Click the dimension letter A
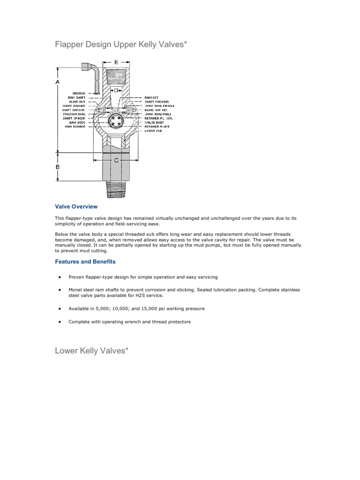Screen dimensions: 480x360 coord(58,82)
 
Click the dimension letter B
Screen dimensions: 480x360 coord(58,166)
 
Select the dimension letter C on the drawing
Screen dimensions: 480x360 coord(115,160)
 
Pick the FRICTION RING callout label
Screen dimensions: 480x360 coord(75,114)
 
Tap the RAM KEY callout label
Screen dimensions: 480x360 coord(152,97)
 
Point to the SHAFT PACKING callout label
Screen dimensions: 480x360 coord(157,102)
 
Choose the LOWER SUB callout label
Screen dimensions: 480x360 coord(153,131)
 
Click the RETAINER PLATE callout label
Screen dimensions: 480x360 coord(157,127)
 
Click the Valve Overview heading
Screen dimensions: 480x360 coord(76,206)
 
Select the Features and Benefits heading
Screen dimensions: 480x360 coord(85,262)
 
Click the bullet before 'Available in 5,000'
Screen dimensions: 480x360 coord(60,309)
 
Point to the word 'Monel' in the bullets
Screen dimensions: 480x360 coord(75,290)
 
